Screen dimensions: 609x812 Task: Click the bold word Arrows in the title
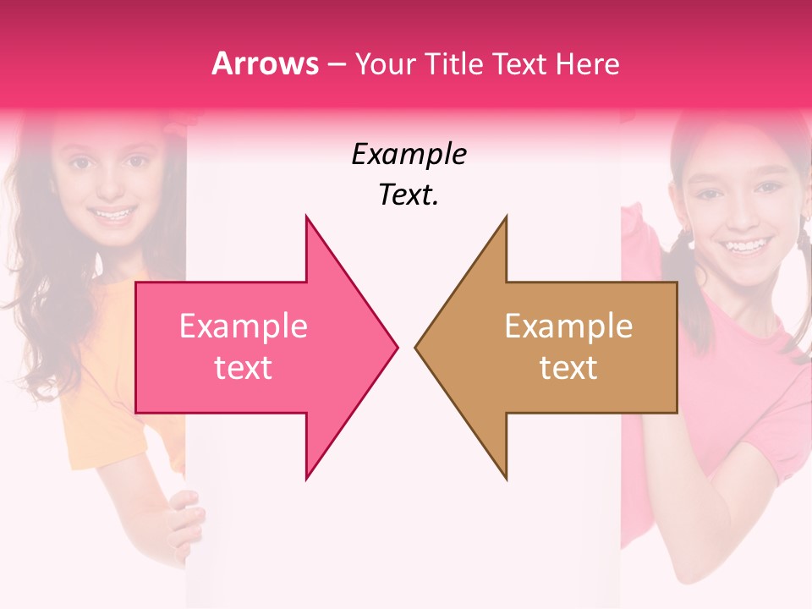click(x=266, y=63)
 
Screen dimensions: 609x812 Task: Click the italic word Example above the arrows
click(x=409, y=154)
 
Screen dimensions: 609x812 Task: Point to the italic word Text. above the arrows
click(x=409, y=195)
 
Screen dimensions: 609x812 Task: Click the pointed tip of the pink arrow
click(x=396, y=347)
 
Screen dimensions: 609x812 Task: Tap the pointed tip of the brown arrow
click(x=417, y=347)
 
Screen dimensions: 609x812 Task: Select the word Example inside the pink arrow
click(x=244, y=326)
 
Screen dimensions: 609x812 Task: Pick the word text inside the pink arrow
click(x=244, y=368)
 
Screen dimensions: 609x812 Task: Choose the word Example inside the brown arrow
click(x=568, y=326)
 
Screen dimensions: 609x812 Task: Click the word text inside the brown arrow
click(x=568, y=368)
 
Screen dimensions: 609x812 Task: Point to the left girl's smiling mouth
click(x=113, y=213)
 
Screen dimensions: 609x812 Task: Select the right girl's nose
click(x=738, y=215)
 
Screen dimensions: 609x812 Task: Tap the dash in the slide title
click(x=336, y=64)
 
